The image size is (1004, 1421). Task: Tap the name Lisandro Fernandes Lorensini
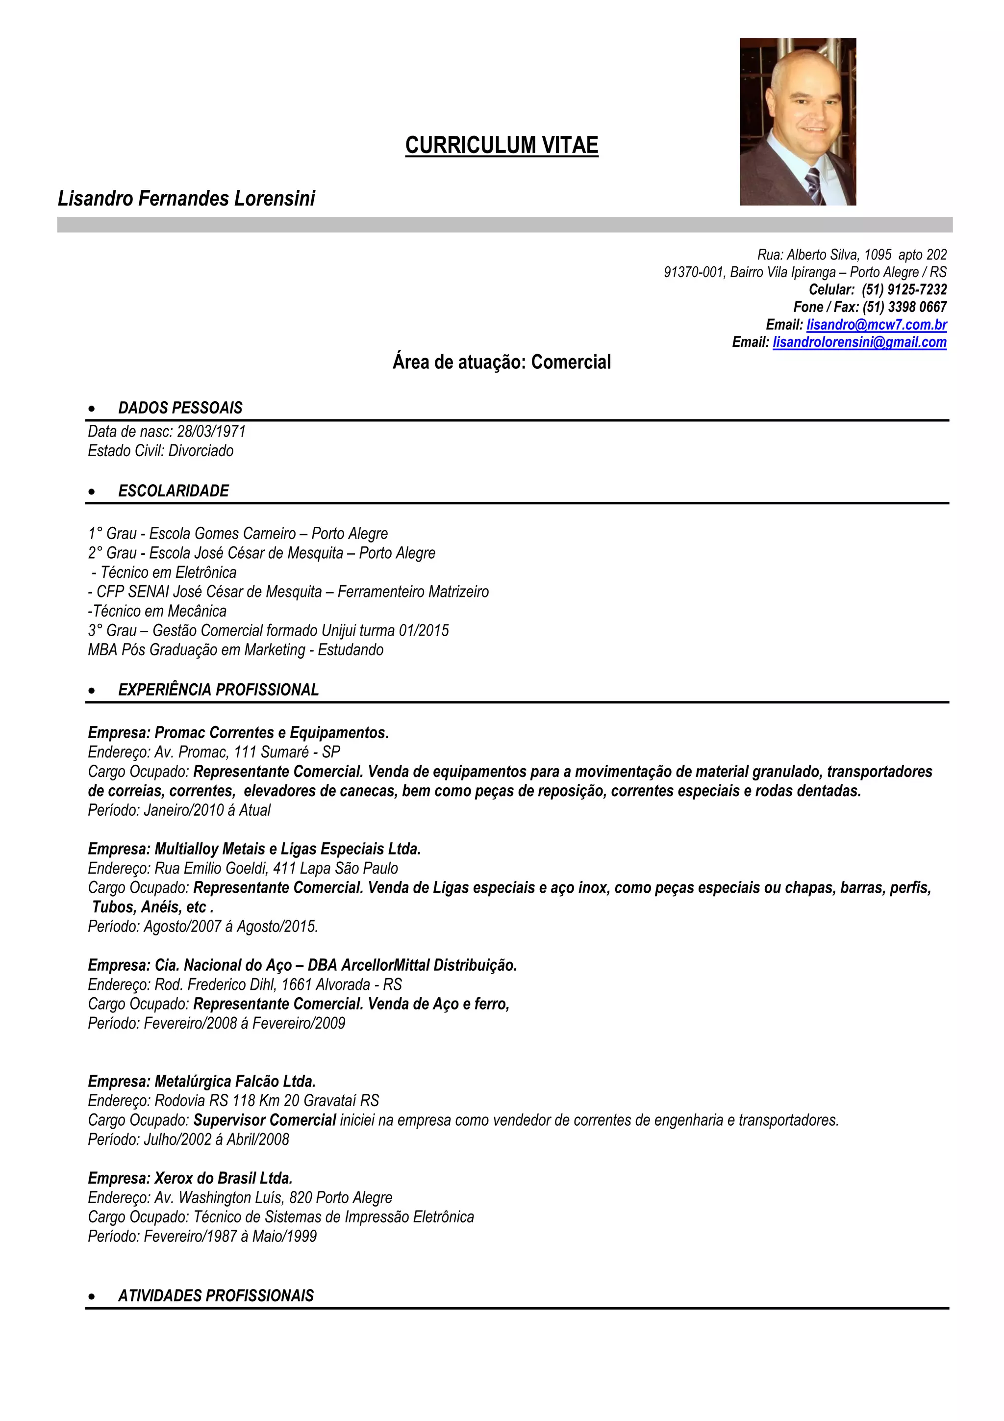[x=186, y=199]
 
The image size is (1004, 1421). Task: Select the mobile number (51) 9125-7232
[x=904, y=290]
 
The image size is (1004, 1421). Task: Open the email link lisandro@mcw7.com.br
[x=876, y=325]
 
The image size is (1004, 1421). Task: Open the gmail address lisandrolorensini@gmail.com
[x=859, y=342]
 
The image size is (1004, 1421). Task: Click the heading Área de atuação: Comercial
[x=501, y=362]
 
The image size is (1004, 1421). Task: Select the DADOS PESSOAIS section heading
[x=180, y=408]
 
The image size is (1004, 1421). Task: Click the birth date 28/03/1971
[x=211, y=431]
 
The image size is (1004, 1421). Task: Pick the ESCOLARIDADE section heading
[x=173, y=491]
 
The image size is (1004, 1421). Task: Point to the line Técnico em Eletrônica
[x=168, y=572]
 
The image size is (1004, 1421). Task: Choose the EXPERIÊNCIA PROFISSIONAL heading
[x=218, y=690]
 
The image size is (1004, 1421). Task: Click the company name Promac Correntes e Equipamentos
[x=271, y=733]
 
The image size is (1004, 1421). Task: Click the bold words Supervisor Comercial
[x=264, y=1120]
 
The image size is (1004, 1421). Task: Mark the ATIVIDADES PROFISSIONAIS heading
[x=216, y=1295]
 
